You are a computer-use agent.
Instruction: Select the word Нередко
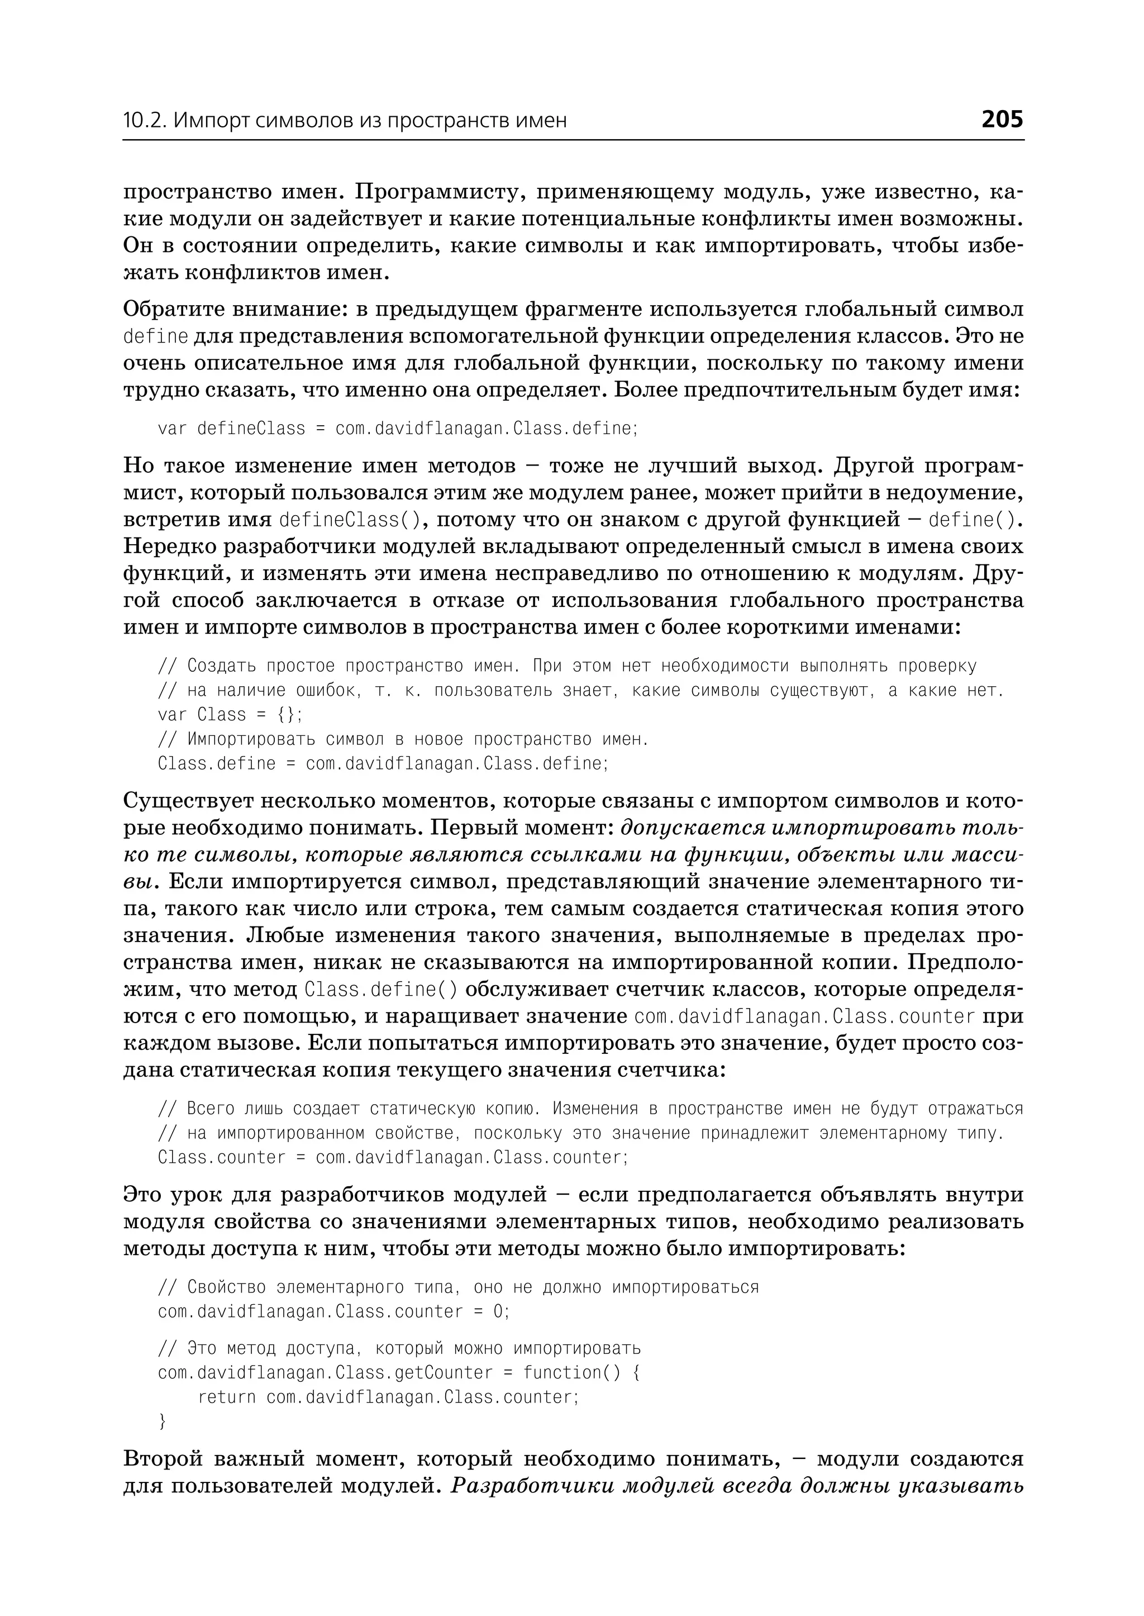(169, 546)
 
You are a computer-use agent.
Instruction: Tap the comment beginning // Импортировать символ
(402, 739)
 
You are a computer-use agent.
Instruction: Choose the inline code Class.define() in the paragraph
(381, 990)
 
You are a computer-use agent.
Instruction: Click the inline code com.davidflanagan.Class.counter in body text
(804, 1016)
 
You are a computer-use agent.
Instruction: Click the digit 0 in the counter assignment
(498, 1311)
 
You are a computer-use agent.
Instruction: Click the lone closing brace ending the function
(163, 1422)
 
